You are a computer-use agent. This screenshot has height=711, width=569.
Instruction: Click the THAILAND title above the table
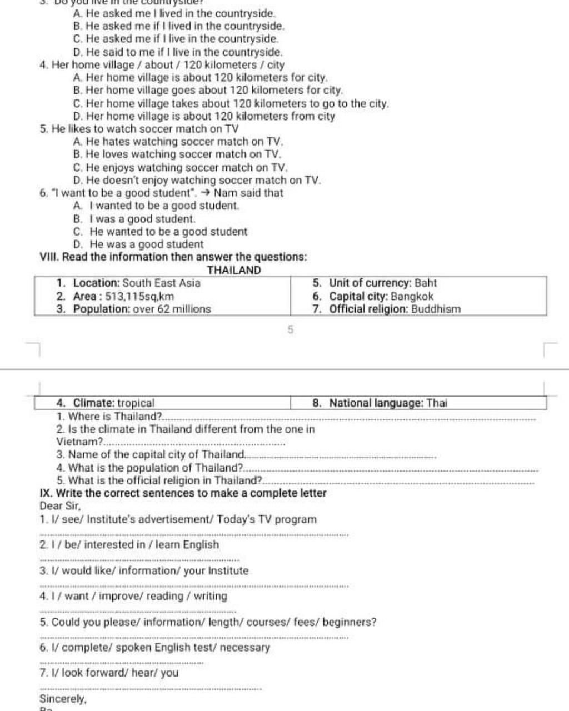click(x=233, y=271)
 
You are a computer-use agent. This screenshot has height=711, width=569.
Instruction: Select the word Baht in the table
click(x=426, y=283)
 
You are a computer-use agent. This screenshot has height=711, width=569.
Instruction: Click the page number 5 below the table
click(x=290, y=330)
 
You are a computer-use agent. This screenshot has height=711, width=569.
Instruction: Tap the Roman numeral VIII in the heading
click(x=49, y=257)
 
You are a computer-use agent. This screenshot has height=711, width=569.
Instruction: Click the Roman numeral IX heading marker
click(x=46, y=493)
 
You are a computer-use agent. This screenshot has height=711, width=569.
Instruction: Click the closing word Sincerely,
click(x=63, y=699)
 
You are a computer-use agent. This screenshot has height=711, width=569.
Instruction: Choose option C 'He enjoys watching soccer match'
click(x=181, y=167)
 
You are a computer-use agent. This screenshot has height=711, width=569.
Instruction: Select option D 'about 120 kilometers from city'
click(x=204, y=116)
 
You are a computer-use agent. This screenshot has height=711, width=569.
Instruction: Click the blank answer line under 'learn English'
click(x=139, y=560)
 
